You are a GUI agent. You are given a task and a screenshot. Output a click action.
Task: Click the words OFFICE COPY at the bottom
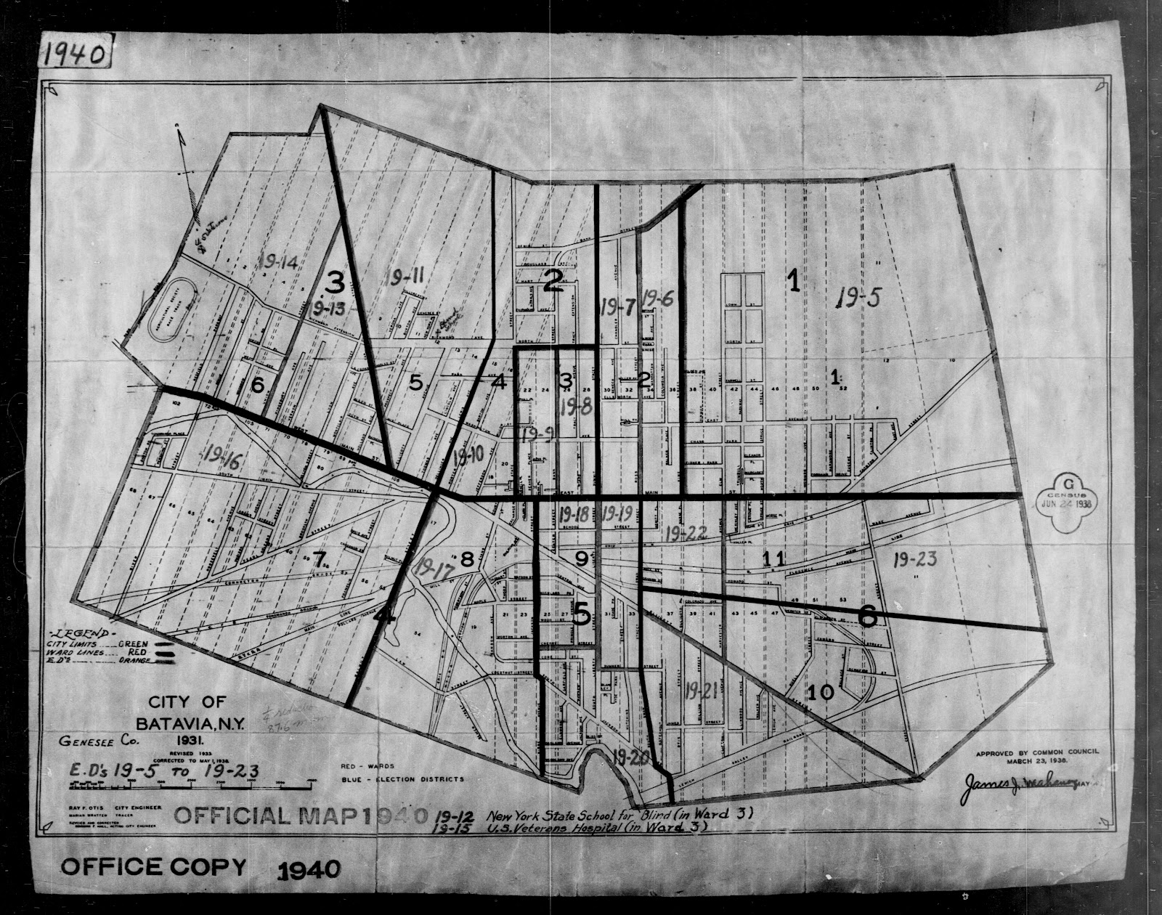pyautogui.click(x=153, y=867)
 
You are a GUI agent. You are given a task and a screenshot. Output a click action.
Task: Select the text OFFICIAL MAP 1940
pyautogui.click(x=300, y=816)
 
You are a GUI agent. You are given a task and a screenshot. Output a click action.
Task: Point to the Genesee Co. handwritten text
pyautogui.click(x=91, y=742)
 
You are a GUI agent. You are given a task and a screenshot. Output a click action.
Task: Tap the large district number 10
pyautogui.click(x=820, y=692)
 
